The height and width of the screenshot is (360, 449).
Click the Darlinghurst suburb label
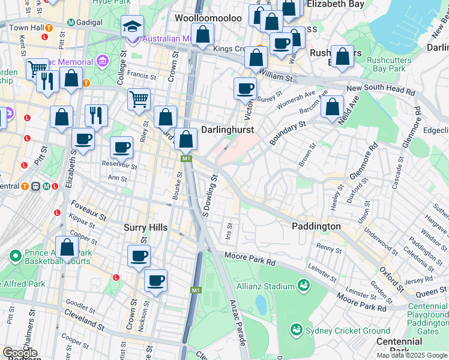228,130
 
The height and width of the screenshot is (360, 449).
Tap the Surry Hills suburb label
148,227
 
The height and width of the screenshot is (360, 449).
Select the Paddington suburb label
316,226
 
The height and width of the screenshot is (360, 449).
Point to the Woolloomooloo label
208,18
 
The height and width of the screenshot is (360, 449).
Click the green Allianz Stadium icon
304,285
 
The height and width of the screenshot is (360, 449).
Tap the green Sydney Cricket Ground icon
296,329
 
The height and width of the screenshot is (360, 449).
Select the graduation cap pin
133,27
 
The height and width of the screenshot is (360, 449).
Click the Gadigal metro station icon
71,22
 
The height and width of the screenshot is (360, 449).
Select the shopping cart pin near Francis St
139,99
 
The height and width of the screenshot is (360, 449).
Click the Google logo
20,353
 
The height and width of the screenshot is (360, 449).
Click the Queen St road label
427,291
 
